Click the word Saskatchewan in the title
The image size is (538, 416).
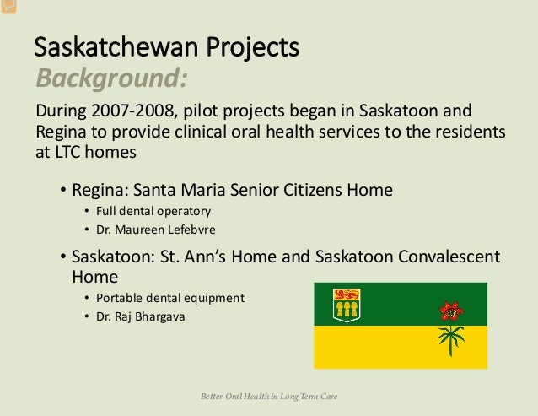coord(116,46)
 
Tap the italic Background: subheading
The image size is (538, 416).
coord(112,78)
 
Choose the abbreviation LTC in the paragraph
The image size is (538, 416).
coord(67,152)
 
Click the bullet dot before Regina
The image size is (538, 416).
coord(62,190)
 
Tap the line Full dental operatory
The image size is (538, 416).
coord(153,212)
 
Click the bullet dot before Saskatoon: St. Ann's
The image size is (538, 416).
coord(62,257)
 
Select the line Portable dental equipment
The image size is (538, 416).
coord(170,298)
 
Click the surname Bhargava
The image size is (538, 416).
coord(160,316)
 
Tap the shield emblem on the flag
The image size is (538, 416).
coord(347,305)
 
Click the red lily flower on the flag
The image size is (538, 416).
coord(451,311)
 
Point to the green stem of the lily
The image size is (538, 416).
coord(451,340)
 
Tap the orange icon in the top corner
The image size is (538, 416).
coord(8,6)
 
